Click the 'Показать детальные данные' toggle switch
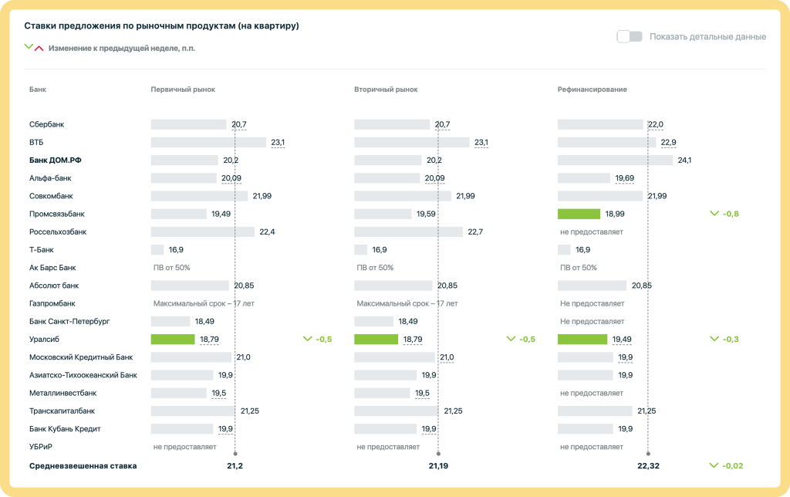coord(630,36)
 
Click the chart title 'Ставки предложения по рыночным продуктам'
coord(161,25)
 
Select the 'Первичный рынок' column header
coord(183,90)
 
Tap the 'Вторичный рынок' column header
coord(386,90)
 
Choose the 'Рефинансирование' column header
coord(592,90)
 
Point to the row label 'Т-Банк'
coord(41,249)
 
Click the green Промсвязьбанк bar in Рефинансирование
coord(579,214)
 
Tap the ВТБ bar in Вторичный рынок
coord(411,142)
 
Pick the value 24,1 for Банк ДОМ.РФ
coord(684,160)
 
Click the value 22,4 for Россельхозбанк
coord(267,232)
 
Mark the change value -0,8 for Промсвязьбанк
coord(731,214)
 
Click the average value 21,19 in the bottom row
coord(438,466)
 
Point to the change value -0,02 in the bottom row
coord(732,466)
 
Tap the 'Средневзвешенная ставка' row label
coord(83,466)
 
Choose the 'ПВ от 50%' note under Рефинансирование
coord(578,268)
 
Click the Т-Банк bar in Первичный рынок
coord(157,249)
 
